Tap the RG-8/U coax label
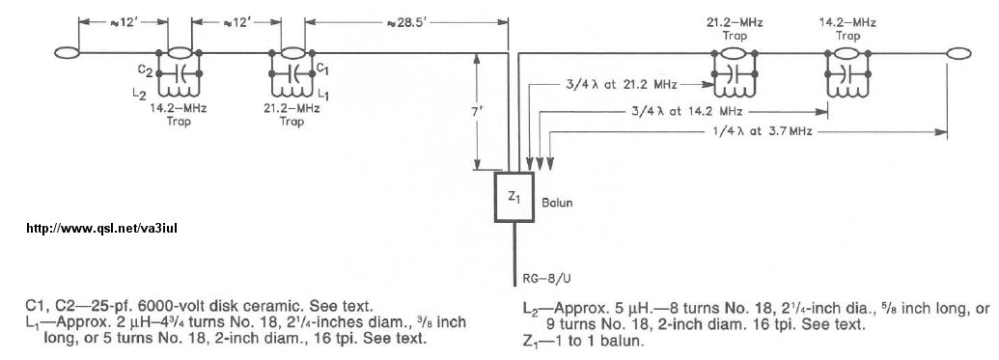pyautogui.click(x=541, y=278)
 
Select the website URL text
pyautogui.click(x=101, y=228)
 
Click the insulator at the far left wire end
pyautogui.click(x=67, y=53)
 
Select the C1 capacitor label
pyautogui.click(x=322, y=68)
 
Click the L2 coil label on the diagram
pyautogui.click(x=139, y=94)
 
